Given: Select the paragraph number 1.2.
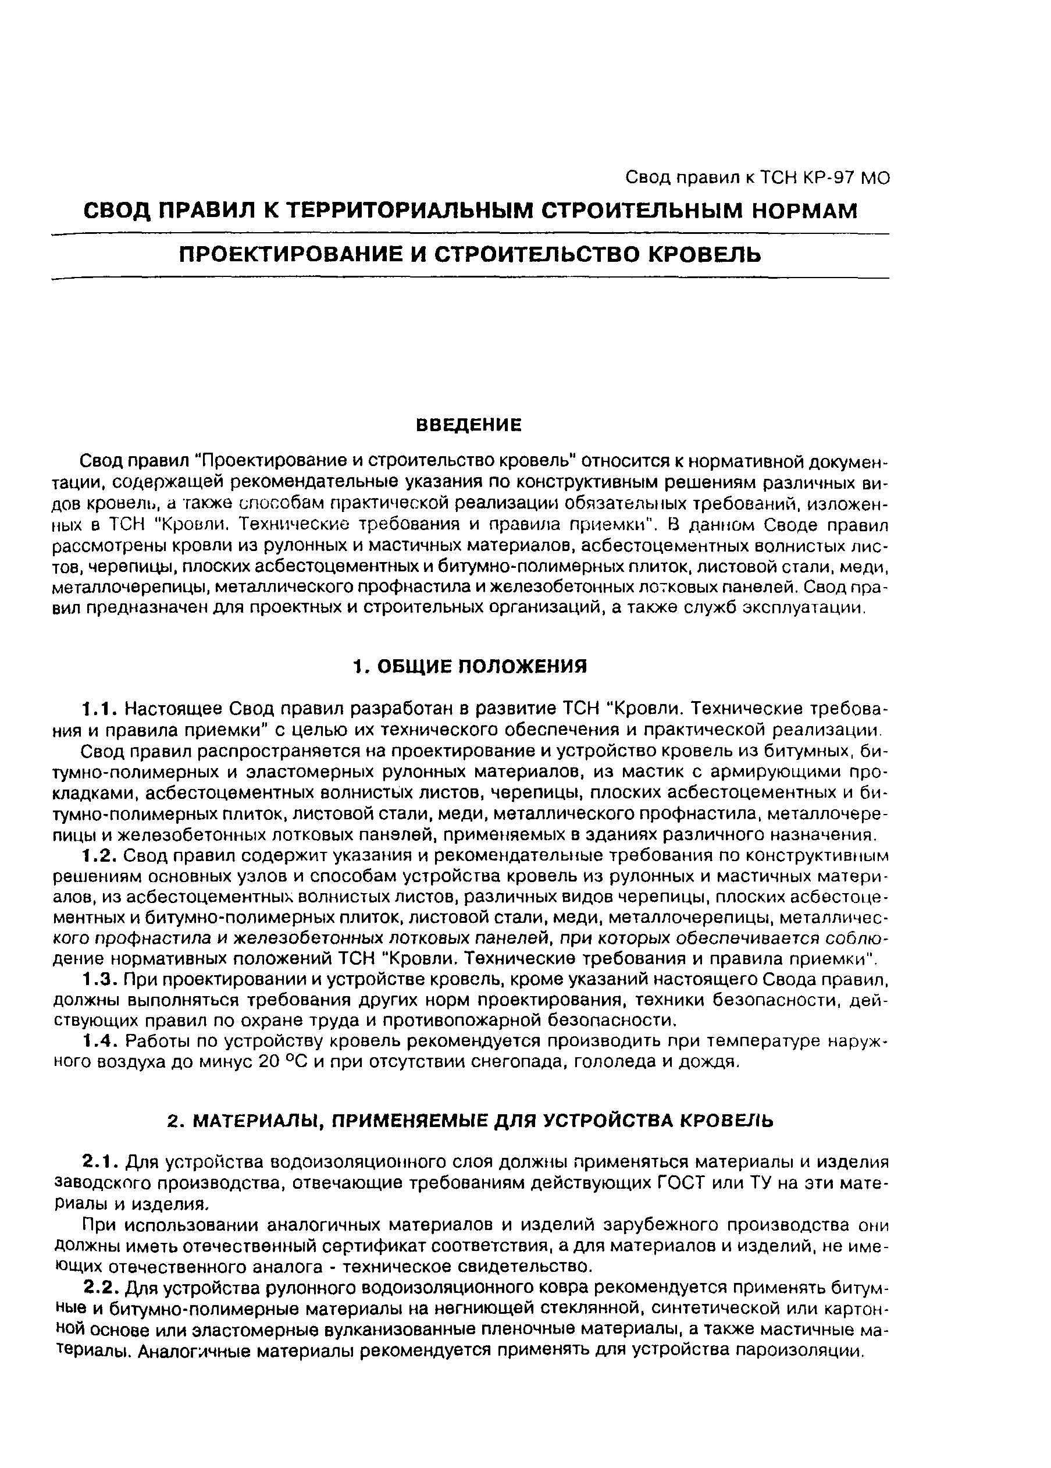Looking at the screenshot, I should click(99, 856).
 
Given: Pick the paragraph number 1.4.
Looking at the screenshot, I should click(99, 1040).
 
